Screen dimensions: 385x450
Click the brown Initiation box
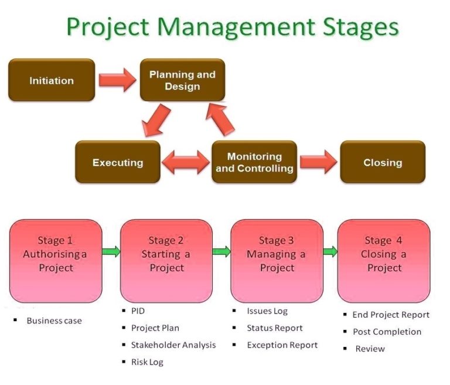(x=52, y=80)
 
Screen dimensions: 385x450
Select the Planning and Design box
(x=182, y=80)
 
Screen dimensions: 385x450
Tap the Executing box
(x=118, y=162)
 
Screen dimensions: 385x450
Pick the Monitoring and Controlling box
(x=254, y=162)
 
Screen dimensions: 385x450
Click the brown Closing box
(x=383, y=162)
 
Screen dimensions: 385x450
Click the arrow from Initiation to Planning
(x=117, y=80)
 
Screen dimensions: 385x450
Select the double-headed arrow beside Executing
(x=186, y=163)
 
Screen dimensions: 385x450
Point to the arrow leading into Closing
(x=319, y=162)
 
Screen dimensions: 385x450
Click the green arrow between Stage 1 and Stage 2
(x=111, y=252)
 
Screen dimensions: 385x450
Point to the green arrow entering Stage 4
(x=330, y=252)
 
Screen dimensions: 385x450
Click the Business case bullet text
(x=54, y=321)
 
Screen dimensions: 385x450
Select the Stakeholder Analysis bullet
(x=173, y=345)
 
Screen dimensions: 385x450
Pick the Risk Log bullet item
(x=147, y=362)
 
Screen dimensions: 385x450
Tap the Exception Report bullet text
(x=282, y=345)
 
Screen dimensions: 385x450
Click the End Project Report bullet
(x=391, y=315)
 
